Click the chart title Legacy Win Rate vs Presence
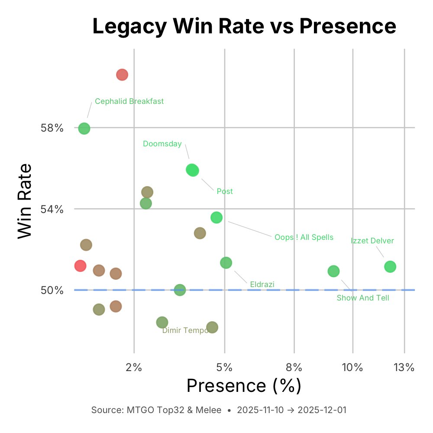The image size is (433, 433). [244, 27]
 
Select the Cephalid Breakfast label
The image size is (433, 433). [129, 101]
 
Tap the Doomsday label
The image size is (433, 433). [162, 144]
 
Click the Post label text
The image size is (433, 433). [225, 191]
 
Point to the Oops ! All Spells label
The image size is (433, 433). [304, 237]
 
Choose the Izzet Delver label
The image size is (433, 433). [372, 241]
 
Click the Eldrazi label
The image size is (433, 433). [262, 284]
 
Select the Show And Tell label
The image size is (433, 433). [363, 298]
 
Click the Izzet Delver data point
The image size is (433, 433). [390, 267]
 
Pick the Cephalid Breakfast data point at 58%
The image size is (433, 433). [84, 129]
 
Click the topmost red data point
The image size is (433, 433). [122, 75]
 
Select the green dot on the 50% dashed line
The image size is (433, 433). [180, 290]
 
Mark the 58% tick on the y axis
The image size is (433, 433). [52, 128]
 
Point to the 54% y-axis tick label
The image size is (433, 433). [52, 209]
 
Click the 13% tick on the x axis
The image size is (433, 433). [404, 368]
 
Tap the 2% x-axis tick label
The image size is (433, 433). [134, 368]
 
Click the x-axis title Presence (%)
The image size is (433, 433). [244, 385]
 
